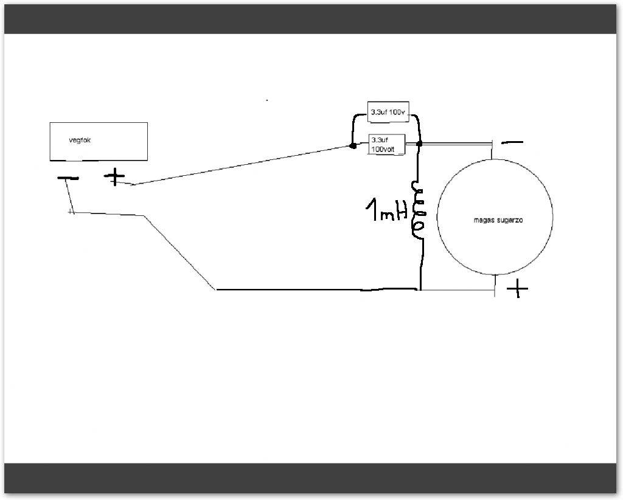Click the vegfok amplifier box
pyautogui.click(x=98, y=141)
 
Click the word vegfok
pyautogui.click(x=80, y=140)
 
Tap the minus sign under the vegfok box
pyautogui.click(x=68, y=179)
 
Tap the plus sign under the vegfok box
pyautogui.click(x=114, y=178)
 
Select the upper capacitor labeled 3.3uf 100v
pyautogui.click(x=388, y=111)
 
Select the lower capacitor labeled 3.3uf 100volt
pyautogui.click(x=386, y=144)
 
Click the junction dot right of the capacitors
pyautogui.click(x=419, y=144)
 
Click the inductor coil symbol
pyautogui.click(x=419, y=209)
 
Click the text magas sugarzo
pyautogui.click(x=498, y=220)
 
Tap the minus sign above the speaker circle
pyautogui.click(x=512, y=142)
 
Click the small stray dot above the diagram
pyautogui.click(x=267, y=99)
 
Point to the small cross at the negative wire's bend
pyautogui.click(x=72, y=211)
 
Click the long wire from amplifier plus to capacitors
pyautogui.click(x=243, y=165)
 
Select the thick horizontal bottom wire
pyautogui.click(x=316, y=290)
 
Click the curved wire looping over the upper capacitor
pyautogui.click(x=353, y=125)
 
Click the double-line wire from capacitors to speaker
pyautogui.click(x=456, y=144)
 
